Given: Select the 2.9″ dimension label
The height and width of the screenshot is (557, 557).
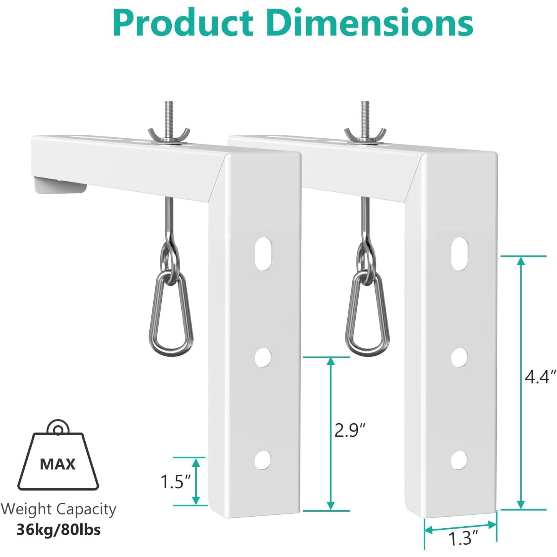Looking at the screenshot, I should tap(349, 430).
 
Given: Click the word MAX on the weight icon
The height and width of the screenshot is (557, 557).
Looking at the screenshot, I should tap(58, 464).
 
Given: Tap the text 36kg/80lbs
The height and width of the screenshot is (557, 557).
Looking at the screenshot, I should tap(58, 530).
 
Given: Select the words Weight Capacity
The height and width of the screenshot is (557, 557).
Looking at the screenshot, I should tap(58, 509).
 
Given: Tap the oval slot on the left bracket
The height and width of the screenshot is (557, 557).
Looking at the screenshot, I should tap(263, 254).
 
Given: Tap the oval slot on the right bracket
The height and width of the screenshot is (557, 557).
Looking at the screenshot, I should tap(459, 254).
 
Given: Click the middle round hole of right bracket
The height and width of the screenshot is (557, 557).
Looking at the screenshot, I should tap(459, 358).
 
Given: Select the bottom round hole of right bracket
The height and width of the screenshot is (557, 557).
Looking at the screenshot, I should tap(459, 459).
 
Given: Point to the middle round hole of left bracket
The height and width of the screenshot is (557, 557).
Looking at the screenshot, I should tap(263, 358).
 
